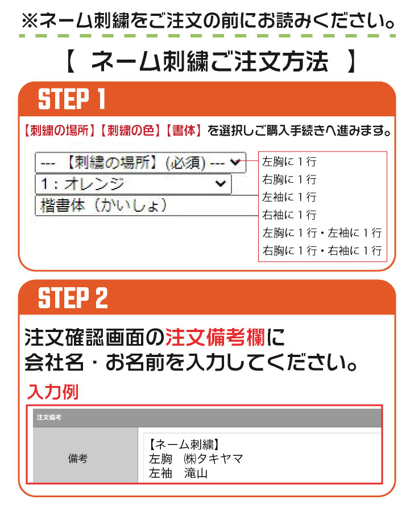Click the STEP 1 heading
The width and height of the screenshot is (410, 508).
pos(72,99)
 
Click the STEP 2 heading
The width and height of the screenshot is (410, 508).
pos(73,297)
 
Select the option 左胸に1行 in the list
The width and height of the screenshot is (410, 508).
pos(289,161)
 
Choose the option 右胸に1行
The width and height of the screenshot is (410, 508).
pos(289,179)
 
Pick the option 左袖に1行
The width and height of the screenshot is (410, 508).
pos(289,197)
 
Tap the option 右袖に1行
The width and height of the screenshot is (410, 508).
pos(289,215)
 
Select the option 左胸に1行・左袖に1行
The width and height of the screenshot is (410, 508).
pos(322,233)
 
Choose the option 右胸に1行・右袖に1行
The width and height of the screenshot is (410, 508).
pos(322,250)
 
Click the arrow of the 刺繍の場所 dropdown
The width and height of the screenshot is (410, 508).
pos(235,162)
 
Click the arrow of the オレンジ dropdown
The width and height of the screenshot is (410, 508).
pos(221,184)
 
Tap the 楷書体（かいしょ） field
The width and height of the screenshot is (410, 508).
pos(146,205)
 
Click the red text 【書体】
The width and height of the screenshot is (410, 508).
pos(184,131)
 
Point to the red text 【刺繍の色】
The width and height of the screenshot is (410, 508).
pos(130,131)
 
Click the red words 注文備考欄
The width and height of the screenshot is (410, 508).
pos(215,337)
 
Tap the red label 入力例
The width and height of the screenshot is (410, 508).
pos(53,392)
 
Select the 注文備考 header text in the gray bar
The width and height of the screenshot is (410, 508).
pos(49,417)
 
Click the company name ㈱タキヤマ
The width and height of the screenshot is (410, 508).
pos(213,459)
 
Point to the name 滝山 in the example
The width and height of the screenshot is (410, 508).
pos(196,473)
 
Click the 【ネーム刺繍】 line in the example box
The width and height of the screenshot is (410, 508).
pos(184,444)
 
